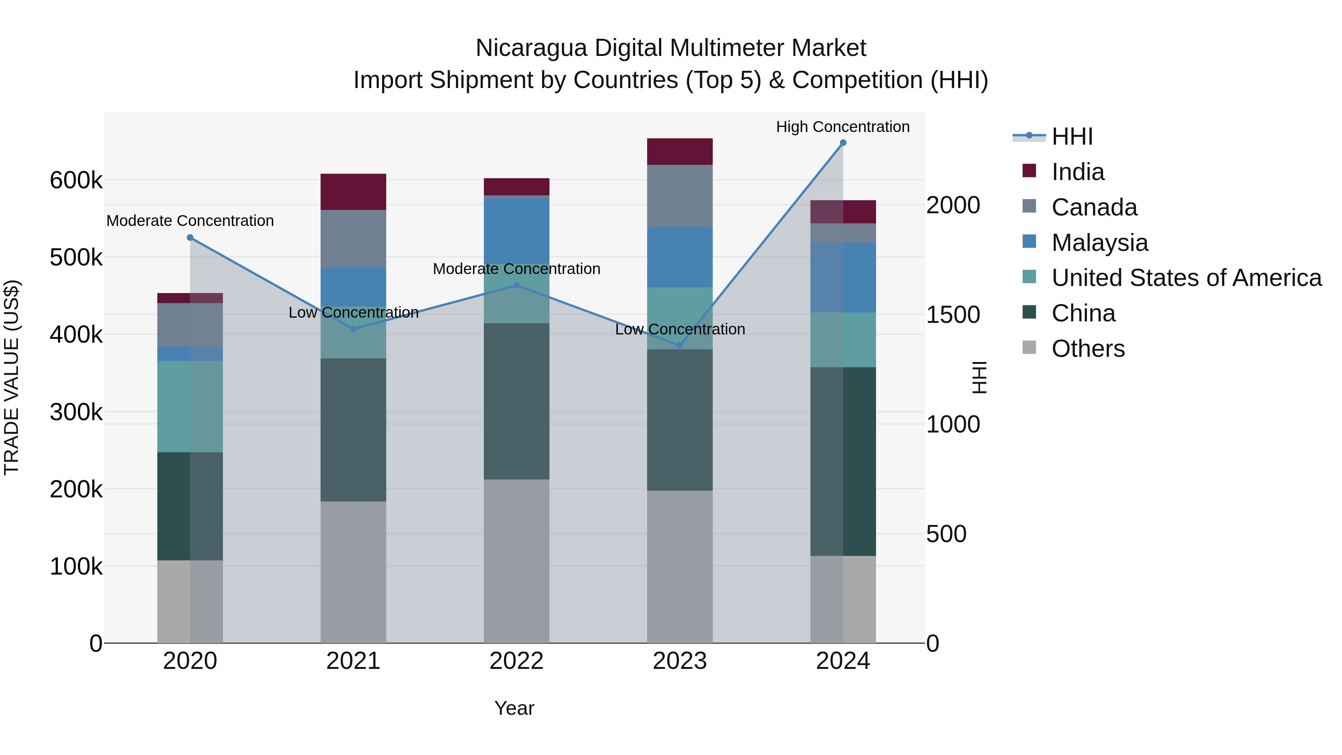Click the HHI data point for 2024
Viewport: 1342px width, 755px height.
(x=843, y=143)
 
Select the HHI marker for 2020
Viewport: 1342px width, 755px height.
(x=190, y=237)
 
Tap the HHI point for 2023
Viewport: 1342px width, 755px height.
(x=679, y=346)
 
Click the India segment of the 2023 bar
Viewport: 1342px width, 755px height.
(x=679, y=152)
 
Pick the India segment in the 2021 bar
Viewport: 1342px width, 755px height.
(x=353, y=192)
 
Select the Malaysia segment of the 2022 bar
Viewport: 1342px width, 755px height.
(x=516, y=231)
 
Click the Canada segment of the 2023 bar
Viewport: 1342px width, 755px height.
(x=679, y=196)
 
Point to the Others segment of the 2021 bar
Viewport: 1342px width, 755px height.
(x=353, y=572)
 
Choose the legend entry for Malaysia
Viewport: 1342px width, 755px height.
(x=1099, y=243)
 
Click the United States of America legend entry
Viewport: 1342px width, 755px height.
(x=1186, y=278)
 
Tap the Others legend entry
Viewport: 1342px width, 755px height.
(x=1088, y=349)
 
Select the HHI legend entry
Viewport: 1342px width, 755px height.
(x=1072, y=136)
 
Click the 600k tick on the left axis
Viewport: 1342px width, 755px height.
(x=76, y=181)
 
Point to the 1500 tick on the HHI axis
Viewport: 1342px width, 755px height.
(x=953, y=315)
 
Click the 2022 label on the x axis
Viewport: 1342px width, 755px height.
(x=516, y=661)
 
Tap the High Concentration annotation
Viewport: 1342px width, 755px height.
(x=843, y=127)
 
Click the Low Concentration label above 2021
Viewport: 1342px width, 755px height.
(x=353, y=313)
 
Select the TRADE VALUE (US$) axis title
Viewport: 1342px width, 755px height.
(x=12, y=377)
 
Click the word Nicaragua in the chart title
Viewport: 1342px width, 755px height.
(x=531, y=48)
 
